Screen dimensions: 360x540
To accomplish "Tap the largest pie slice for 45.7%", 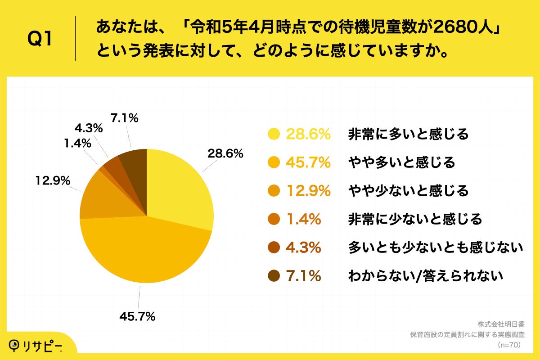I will point(144,252).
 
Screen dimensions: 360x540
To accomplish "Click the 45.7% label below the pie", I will point(137,316).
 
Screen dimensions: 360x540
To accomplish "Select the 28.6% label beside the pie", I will point(225,153).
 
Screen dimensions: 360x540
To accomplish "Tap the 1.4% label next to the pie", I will point(77,144).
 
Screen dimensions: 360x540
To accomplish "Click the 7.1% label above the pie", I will point(124,118).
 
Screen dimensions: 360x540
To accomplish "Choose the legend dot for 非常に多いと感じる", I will point(274,134).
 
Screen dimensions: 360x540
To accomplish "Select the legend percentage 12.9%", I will point(308,191).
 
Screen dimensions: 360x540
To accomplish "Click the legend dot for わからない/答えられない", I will point(274,276).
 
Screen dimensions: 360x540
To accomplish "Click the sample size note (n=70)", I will point(509,345).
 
